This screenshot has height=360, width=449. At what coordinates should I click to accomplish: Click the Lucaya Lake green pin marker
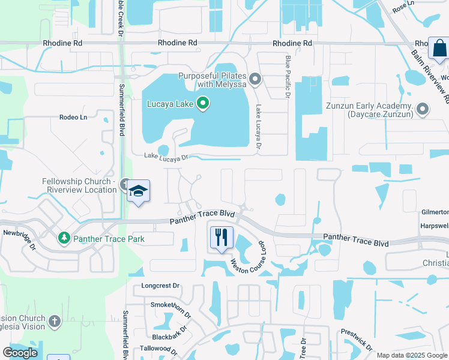(203, 104)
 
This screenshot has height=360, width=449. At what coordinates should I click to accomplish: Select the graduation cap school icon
(139, 191)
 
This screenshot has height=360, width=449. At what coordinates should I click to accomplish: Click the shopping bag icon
(439, 48)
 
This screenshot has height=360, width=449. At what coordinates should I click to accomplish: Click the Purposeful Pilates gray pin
(255, 79)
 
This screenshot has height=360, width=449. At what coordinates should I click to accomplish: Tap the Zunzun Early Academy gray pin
(423, 109)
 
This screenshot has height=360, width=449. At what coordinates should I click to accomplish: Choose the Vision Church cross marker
(55, 322)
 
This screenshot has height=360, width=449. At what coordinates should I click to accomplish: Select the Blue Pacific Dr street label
(288, 76)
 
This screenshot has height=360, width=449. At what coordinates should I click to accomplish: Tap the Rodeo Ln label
(73, 117)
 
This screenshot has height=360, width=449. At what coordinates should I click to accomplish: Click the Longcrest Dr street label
(160, 286)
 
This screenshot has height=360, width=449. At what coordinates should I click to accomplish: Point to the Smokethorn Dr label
(170, 310)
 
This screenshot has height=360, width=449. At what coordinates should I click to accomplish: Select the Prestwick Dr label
(357, 339)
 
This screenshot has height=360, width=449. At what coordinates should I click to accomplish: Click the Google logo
(20, 353)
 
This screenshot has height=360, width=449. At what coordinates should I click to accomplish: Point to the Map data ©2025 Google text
(412, 355)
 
